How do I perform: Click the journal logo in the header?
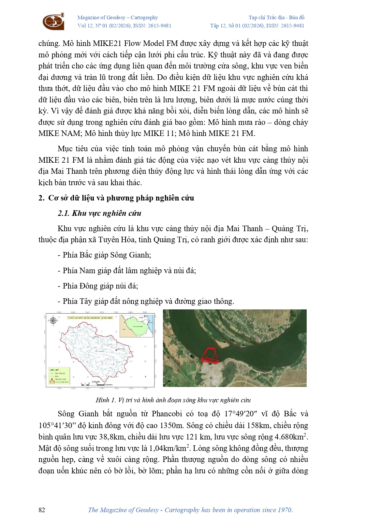pos(53,22)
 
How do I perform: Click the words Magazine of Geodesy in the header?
pos(101,18)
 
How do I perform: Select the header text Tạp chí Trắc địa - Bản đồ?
pos(276,18)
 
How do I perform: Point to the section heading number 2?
pos(41,198)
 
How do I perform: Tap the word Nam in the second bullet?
pos(87,271)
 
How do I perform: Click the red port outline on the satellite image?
pos(210,355)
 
